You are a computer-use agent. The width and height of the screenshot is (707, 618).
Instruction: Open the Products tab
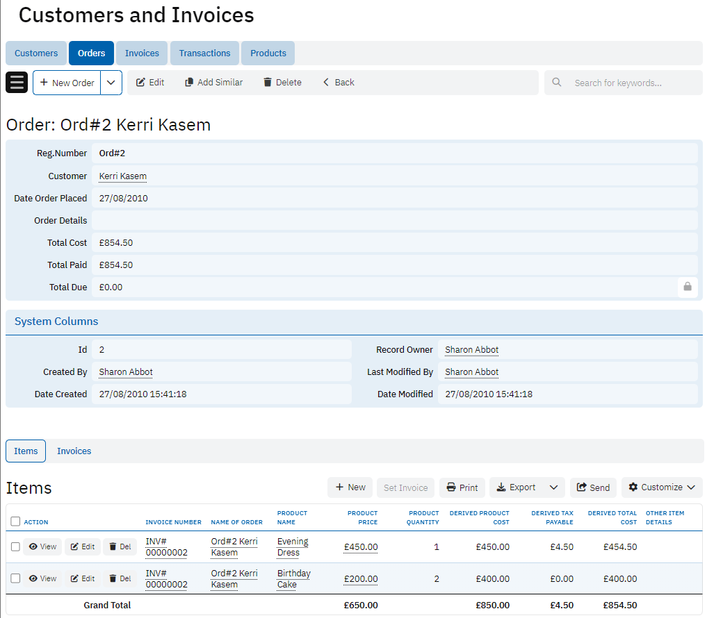click(x=268, y=53)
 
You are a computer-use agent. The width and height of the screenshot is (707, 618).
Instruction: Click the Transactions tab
click(x=204, y=53)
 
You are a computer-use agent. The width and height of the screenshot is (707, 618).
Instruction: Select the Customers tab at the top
click(x=36, y=53)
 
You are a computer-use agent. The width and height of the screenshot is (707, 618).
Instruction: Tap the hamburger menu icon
click(x=17, y=83)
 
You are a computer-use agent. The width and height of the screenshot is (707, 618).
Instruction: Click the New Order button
click(x=67, y=83)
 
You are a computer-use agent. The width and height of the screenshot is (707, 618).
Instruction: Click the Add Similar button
click(x=213, y=83)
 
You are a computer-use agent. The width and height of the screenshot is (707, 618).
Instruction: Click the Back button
click(x=339, y=83)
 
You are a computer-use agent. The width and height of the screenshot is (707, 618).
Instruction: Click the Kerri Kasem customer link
click(x=122, y=176)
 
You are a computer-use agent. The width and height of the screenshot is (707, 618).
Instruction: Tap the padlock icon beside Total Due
click(x=687, y=287)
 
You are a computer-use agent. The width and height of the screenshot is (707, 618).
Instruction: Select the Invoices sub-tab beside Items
click(x=74, y=451)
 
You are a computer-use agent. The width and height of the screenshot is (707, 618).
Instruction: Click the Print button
click(x=462, y=487)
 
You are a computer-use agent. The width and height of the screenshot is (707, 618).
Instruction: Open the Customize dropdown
click(x=661, y=487)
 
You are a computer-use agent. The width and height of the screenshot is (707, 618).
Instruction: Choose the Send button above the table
click(x=594, y=487)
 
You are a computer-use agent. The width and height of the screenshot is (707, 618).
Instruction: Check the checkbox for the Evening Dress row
click(x=15, y=546)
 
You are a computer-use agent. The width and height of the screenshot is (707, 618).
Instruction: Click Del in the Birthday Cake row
click(x=120, y=578)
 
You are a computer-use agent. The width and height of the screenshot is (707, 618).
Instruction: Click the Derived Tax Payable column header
click(x=552, y=517)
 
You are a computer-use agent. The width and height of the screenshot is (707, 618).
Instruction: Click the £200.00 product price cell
click(x=361, y=579)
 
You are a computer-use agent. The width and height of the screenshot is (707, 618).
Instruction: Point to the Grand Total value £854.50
click(x=620, y=606)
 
